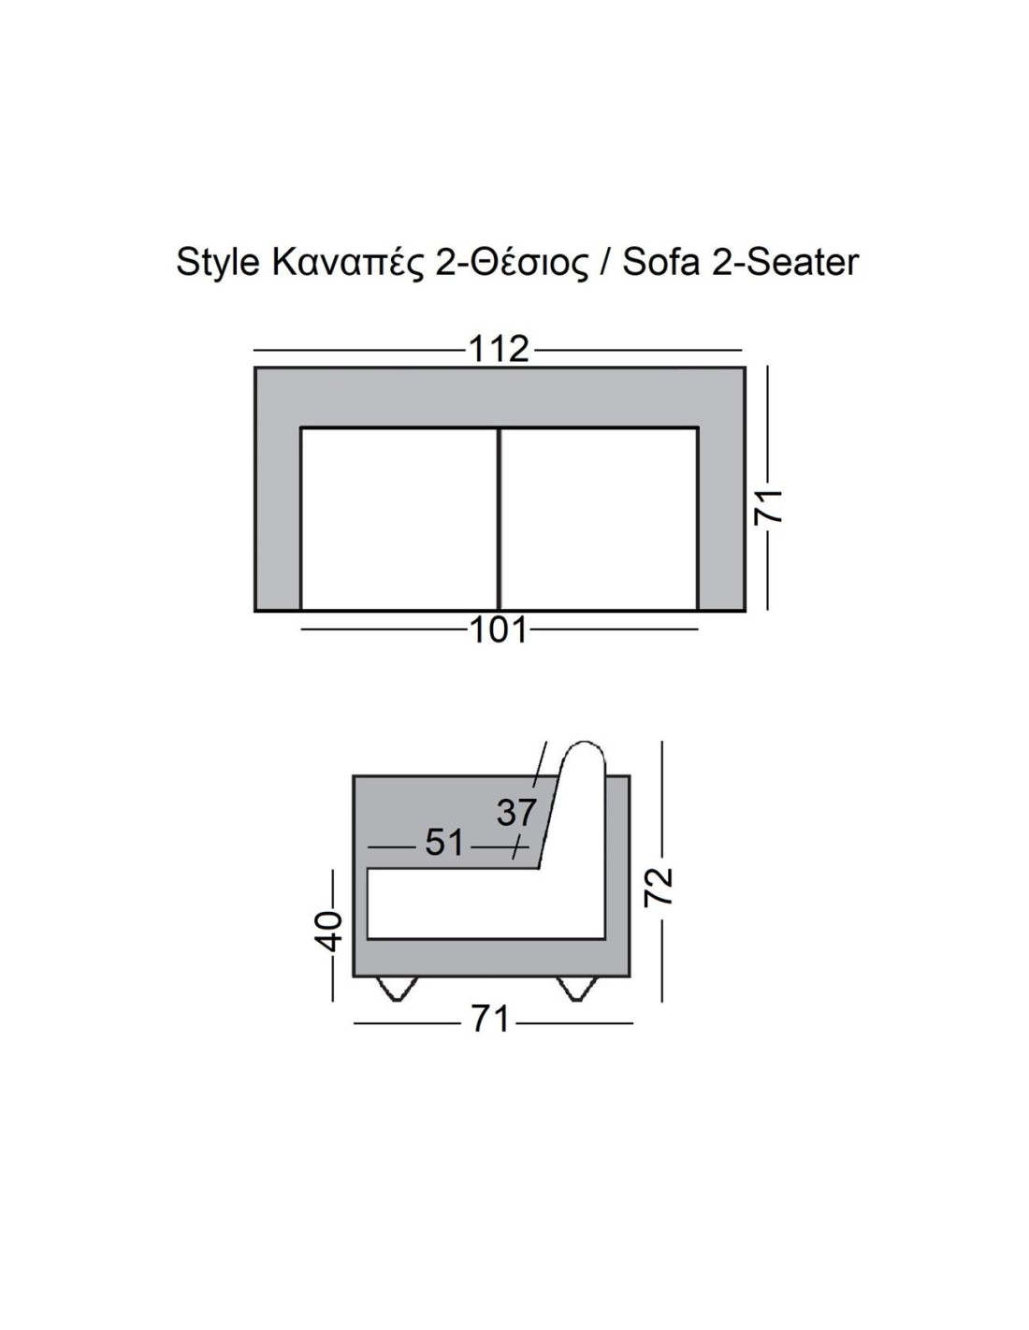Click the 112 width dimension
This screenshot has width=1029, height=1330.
[499, 350]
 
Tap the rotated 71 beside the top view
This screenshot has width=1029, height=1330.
[768, 506]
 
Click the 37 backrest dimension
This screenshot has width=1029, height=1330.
[516, 812]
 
